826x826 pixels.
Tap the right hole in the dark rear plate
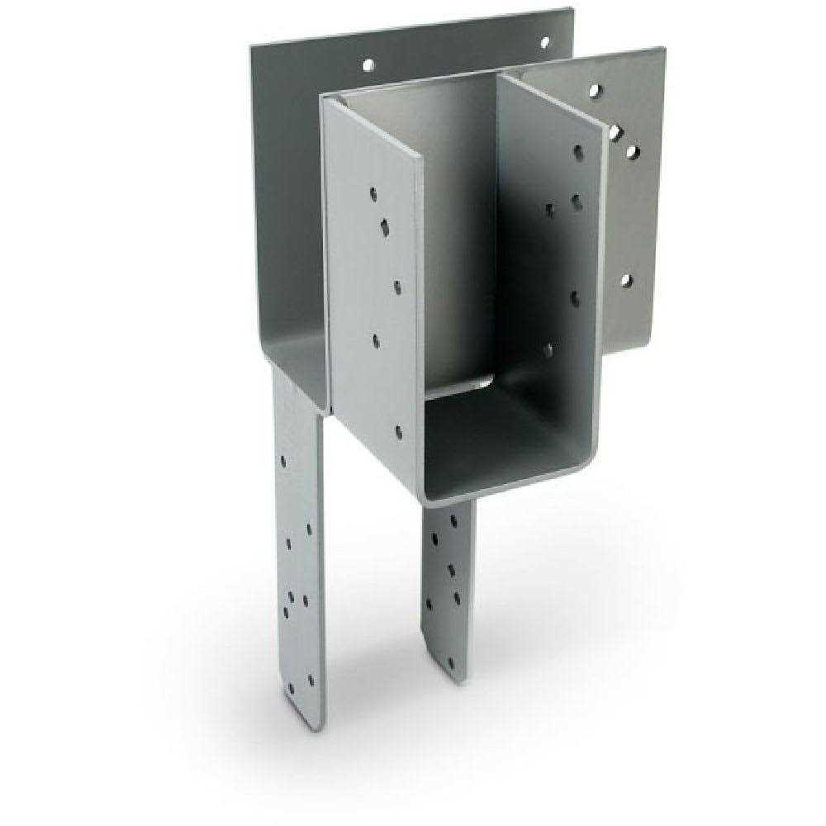point(544,41)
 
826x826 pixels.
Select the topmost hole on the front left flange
point(373,194)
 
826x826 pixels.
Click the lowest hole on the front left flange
point(398,431)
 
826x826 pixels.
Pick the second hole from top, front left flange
point(385,223)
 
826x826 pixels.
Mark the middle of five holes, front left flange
point(397,287)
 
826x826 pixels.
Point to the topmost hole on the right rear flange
point(597,89)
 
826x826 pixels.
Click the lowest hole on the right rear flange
point(625,281)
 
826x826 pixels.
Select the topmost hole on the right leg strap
point(453,520)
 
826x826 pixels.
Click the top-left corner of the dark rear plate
point(252,45)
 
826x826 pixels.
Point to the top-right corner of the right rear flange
point(662,49)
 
